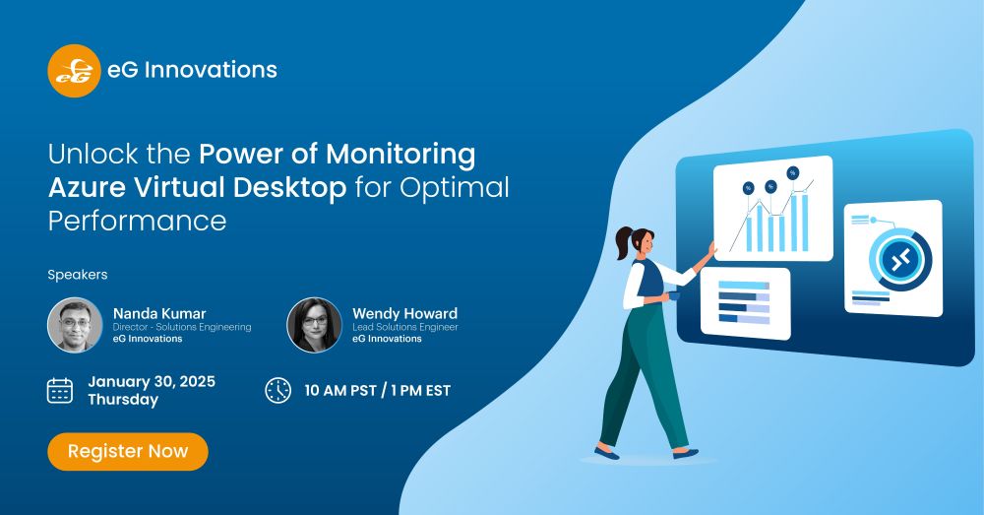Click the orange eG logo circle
[x=74, y=70]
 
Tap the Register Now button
[x=128, y=451]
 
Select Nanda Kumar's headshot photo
[x=76, y=325]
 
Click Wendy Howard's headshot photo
[x=315, y=325]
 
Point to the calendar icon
[x=60, y=391]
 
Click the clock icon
[x=278, y=390]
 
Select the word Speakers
[x=77, y=275]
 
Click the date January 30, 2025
[x=152, y=381]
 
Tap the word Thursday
[x=123, y=400]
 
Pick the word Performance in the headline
[x=137, y=222]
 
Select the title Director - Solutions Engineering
[x=182, y=327]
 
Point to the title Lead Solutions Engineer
[x=404, y=327]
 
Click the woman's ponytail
[x=623, y=242]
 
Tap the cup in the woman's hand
[x=673, y=295]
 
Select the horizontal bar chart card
[x=745, y=303]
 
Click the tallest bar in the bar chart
[x=805, y=223]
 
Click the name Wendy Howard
[x=404, y=313]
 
